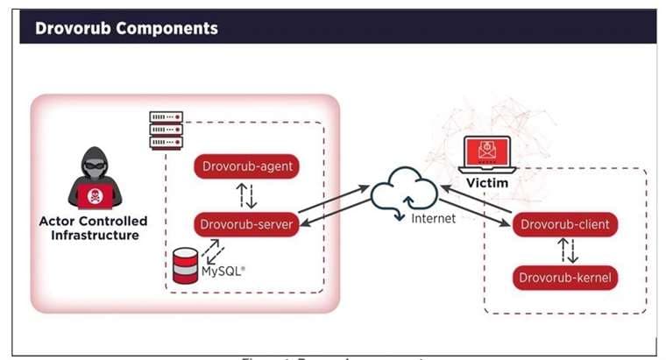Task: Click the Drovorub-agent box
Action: coord(247,165)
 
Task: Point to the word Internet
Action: coord(434,218)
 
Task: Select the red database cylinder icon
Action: coord(185,266)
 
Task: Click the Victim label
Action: coord(486,184)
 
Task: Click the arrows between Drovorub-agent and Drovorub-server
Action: coord(247,194)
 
